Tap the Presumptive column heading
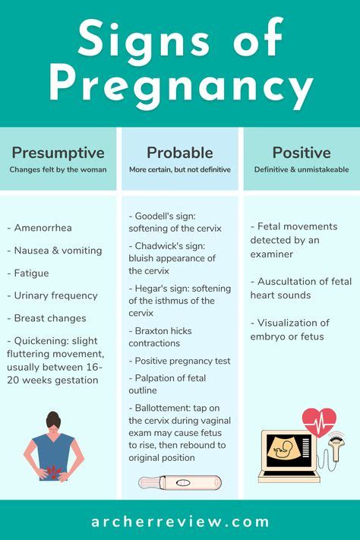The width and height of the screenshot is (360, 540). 58,153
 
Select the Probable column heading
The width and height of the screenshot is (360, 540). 179,153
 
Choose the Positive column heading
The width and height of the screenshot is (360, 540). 302,153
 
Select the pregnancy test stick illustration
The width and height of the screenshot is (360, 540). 180,482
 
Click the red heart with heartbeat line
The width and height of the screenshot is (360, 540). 319,420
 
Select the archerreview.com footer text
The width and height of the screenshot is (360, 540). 180,522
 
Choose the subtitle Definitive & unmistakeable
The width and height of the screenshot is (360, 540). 302,169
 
